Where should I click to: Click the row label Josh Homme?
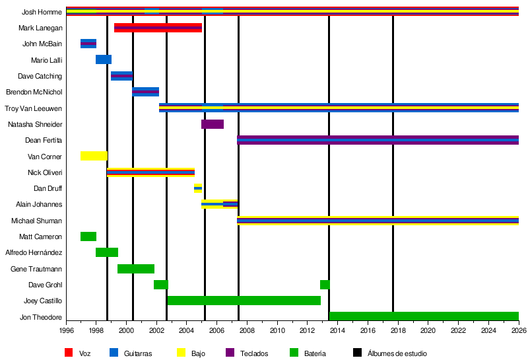(42, 12)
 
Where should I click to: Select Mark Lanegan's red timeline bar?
(158, 28)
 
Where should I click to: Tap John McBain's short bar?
(88, 44)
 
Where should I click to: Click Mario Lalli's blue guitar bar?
(104, 59)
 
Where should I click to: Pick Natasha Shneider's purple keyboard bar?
(213, 124)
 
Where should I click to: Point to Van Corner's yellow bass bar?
(94, 156)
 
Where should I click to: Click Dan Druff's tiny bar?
(198, 188)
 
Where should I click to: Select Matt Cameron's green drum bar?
(88, 236)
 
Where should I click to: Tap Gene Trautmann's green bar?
(136, 269)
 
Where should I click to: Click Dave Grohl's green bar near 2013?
(325, 285)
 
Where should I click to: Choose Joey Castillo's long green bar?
(244, 301)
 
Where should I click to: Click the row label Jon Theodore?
(41, 317)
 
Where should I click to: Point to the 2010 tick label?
(277, 330)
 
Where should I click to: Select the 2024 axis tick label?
(488, 330)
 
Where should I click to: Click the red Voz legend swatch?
(69, 353)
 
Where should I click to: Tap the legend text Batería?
(314, 353)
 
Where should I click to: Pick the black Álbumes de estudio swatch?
(357, 353)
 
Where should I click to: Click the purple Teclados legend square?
(230, 353)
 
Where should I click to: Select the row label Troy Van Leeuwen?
(34, 108)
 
